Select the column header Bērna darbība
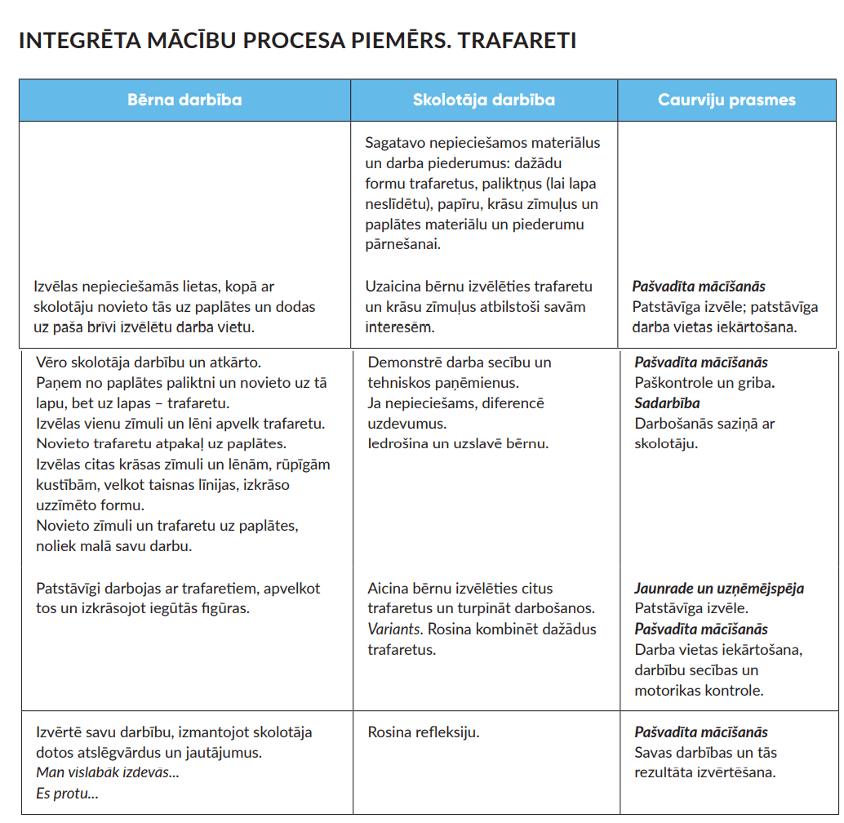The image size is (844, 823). pyautogui.click(x=184, y=100)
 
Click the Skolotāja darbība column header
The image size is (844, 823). pyautogui.click(x=484, y=100)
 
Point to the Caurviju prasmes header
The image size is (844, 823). pyautogui.click(x=726, y=100)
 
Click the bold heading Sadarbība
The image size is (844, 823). pyautogui.click(x=667, y=403)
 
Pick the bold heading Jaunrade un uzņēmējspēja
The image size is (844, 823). pyautogui.click(x=719, y=589)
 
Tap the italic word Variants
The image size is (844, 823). pyautogui.click(x=393, y=629)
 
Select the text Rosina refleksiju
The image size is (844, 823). pyautogui.click(x=424, y=732)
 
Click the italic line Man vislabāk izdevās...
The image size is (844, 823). pyautogui.click(x=107, y=772)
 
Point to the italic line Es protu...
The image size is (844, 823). pyautogui.click(x=67, y=793)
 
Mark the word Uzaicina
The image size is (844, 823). pyautogui.click(x=393, y=287)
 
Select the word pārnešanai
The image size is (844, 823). pyautogui.click(x=402, y=244)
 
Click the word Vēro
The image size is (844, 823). pyautogui.click(x=52, y=363)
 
